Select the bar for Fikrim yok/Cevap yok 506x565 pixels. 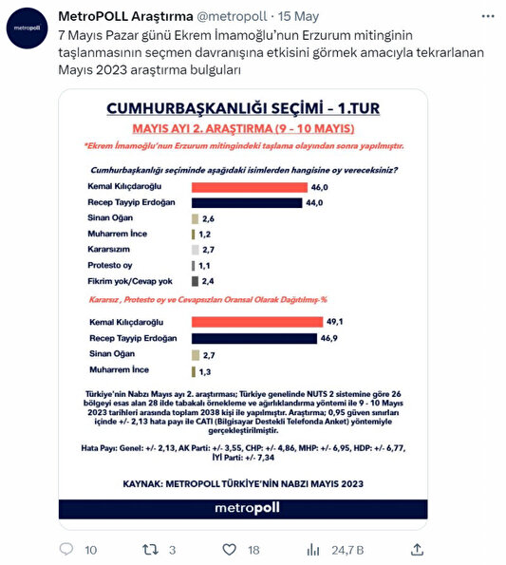click(x=195, y=281)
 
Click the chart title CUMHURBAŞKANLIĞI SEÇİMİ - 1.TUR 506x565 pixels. click(x=243, y=109)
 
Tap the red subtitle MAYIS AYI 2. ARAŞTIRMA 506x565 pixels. click(x=243, y=127)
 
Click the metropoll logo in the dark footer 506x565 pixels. click(x=243, y=509)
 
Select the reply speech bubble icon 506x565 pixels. click(x=66, y=549)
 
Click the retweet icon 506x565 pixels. click(x=150, y=549)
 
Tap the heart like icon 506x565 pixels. click(x=228, y=549)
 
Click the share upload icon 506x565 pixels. click(x=418, y=549)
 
